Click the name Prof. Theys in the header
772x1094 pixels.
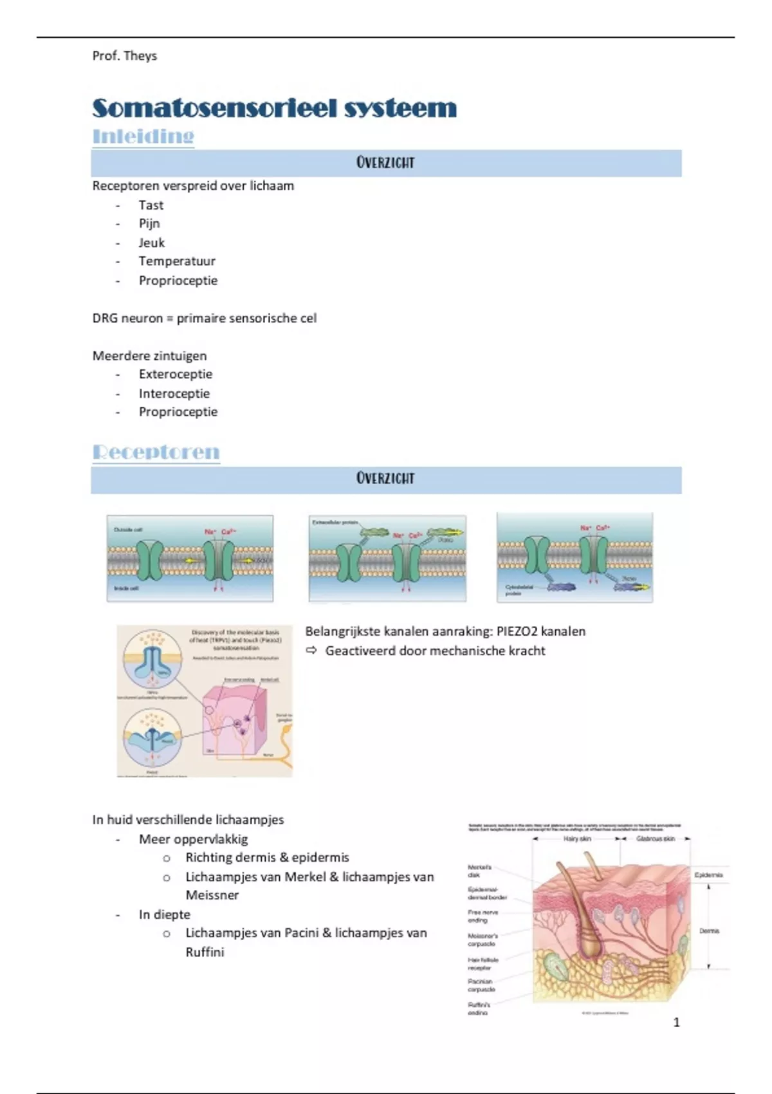[x=124, y=56]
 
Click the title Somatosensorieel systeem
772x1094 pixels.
[x=274, y=108]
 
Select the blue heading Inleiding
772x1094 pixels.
[x=143, y=136]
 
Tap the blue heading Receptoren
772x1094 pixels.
[x=156, y=452]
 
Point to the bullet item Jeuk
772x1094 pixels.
[x=152, y=243]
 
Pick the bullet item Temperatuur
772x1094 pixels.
[x=177, y=261]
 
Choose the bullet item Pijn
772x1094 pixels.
[x=149, y=223]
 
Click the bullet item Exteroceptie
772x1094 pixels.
[x=175, y=375]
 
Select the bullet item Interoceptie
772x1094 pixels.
[x=174, y=393]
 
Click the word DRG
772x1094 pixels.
[x=104, y=319]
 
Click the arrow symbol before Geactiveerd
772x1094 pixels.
[x=311, y=651]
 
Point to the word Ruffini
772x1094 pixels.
[x=205, y=952]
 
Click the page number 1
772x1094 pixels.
[x=676, y=1022]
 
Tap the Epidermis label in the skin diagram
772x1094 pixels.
[x=708, y=875]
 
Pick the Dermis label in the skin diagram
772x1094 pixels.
[x=709, y=931]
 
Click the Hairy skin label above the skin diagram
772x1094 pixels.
[x=576, y=839]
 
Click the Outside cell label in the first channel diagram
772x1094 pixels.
[x=128, y=530]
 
